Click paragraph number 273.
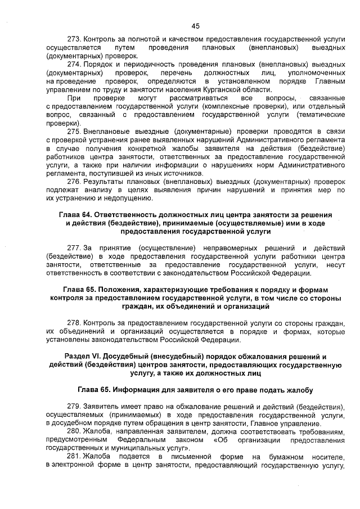pos(74,40)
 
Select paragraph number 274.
pos(74,65)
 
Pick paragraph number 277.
pos(74,247)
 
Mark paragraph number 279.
pos(74,406)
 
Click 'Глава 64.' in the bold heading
pos(75,215)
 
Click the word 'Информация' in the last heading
pos(139,389)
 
